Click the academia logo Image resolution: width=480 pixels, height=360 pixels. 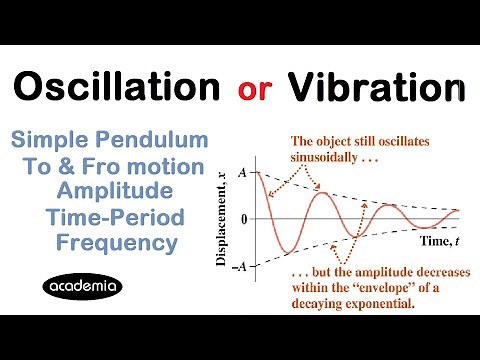[x=85, y=287]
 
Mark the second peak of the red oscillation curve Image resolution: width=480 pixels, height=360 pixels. [x=321, y=193]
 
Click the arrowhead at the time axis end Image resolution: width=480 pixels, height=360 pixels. [x=461, y=218]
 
